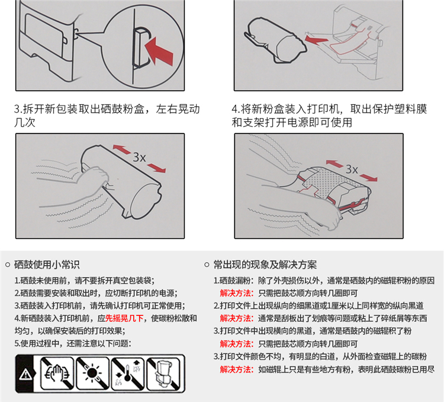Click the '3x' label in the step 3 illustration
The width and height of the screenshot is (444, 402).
139,157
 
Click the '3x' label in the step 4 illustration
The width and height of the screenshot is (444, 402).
352,170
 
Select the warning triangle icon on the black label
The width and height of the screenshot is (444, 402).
26,374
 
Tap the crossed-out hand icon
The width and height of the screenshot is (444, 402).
57,373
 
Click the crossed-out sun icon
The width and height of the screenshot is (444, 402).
92,373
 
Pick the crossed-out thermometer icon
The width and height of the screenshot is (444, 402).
128,373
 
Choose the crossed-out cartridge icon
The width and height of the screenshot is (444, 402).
163,373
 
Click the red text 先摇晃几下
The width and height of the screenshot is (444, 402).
124,318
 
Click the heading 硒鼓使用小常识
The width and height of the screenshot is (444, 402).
47,264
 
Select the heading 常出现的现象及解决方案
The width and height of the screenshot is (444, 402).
265,264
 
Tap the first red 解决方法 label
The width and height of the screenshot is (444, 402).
237,293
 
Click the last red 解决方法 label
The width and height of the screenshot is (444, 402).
237,369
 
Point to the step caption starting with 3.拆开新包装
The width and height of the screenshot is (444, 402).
107,116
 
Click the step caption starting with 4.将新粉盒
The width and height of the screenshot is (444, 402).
329,116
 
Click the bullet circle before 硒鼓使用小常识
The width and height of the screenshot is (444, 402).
8,265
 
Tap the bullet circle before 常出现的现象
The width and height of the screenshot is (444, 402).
207,265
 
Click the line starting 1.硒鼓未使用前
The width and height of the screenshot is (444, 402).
85,280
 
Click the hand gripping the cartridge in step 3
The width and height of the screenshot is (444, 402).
95,178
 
